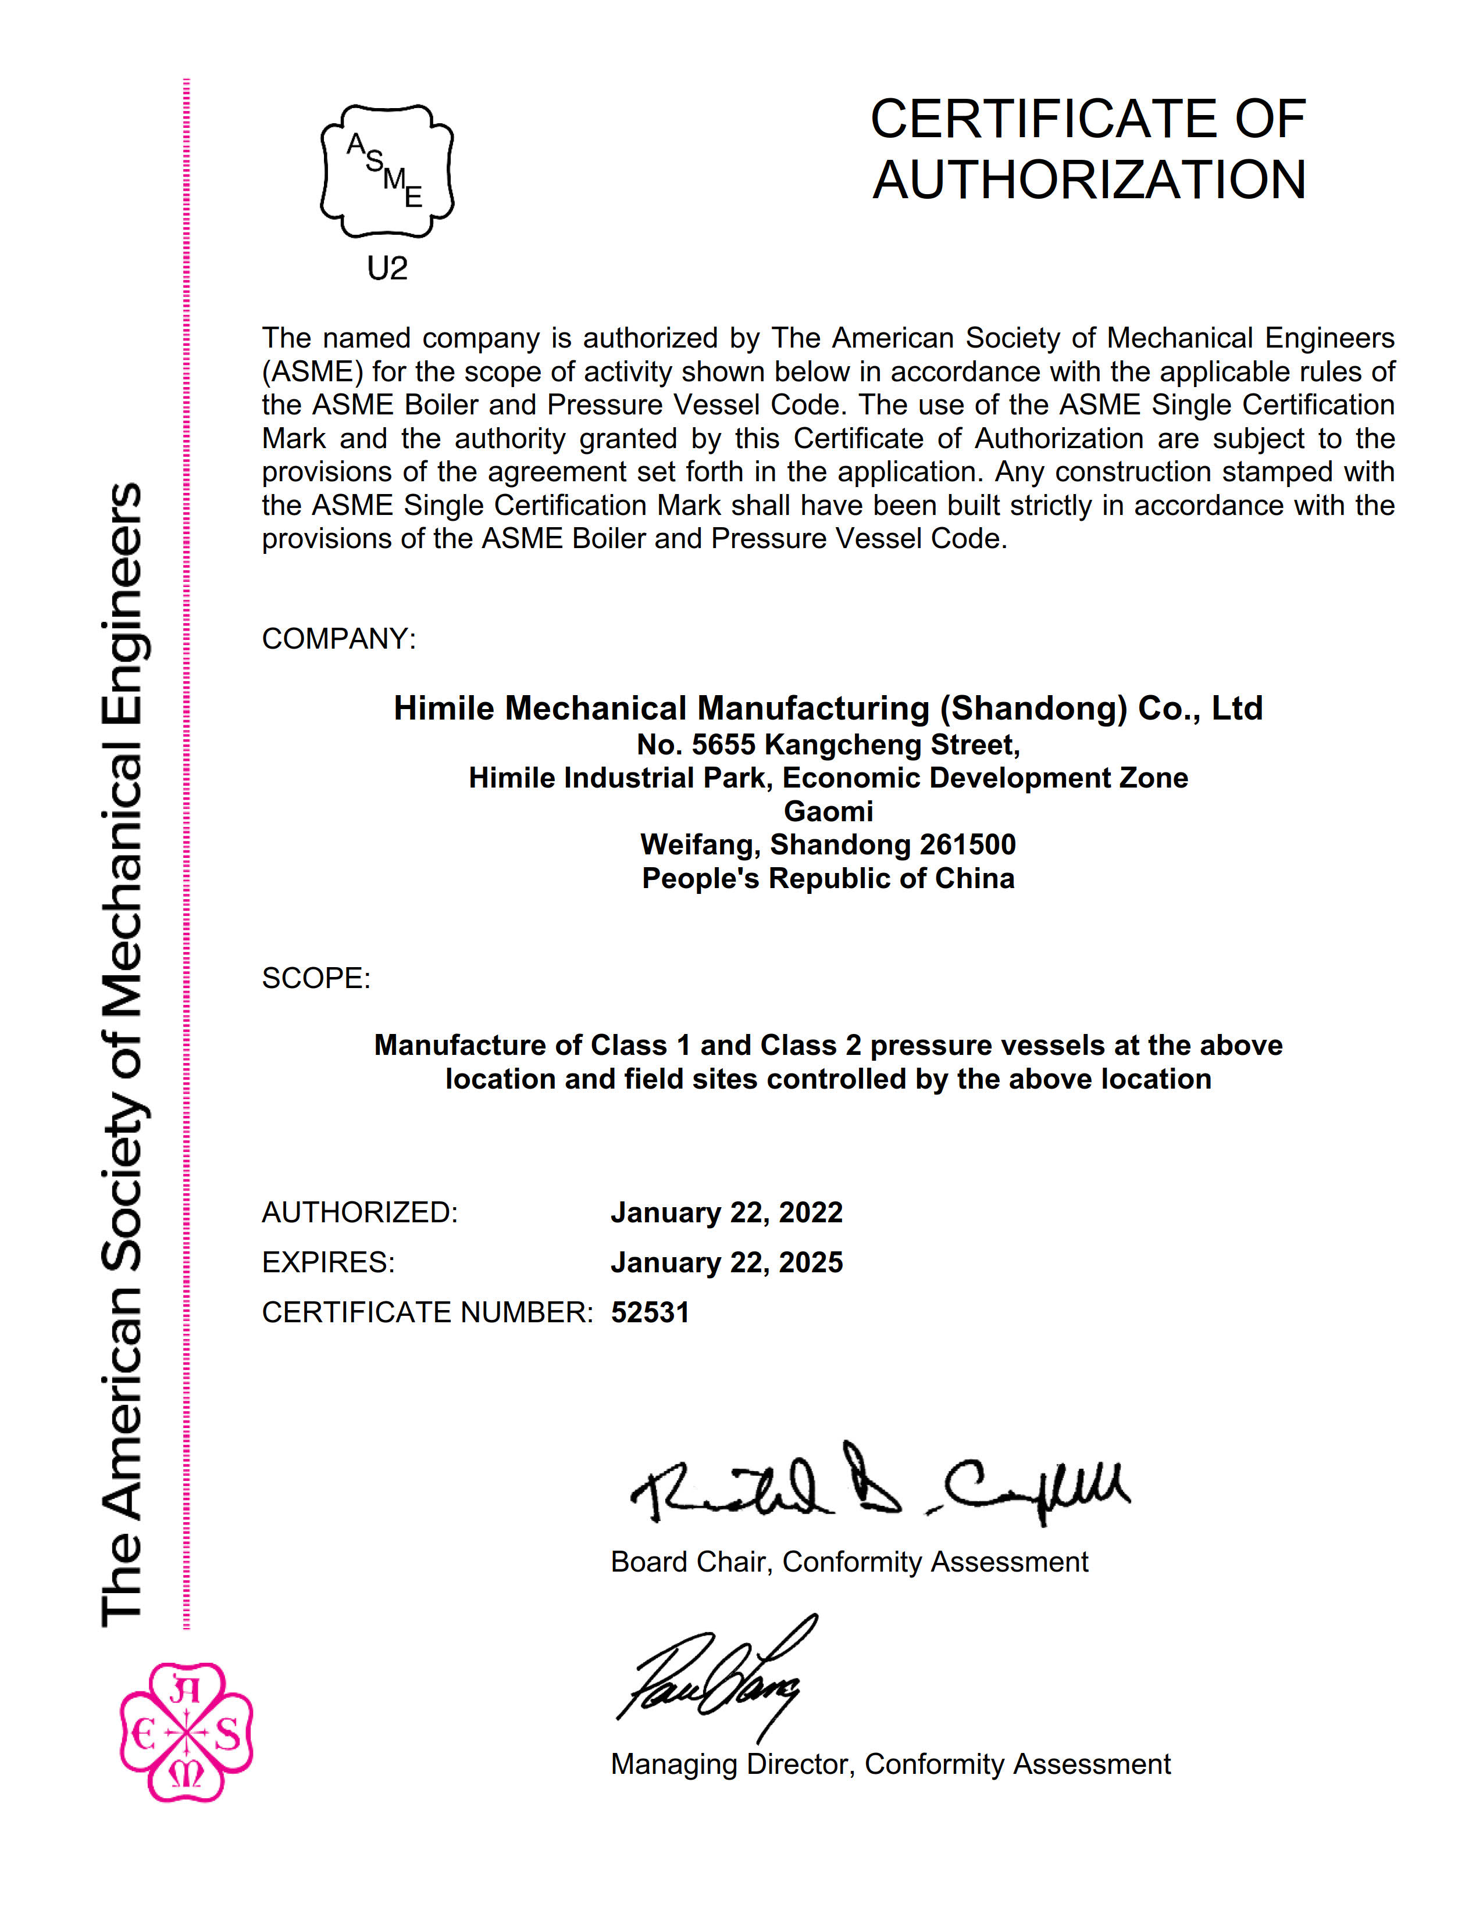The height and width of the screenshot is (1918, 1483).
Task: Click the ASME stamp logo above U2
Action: pos(387,171)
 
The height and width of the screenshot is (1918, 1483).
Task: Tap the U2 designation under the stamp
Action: pos(387,269)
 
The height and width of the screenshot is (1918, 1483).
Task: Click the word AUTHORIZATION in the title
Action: pos(1089,180)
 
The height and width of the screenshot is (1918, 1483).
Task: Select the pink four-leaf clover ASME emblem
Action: pos(186,1731)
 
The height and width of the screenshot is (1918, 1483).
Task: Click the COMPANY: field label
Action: pos(338,638)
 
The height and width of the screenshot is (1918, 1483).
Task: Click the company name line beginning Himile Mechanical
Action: pos(828,708)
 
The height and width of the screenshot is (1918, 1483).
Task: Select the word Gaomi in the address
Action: pos(828,811)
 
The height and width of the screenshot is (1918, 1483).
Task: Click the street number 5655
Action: pos(723,745)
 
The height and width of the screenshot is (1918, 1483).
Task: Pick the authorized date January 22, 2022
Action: pos(726,1213)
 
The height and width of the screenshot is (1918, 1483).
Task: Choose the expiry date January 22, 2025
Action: pos(726,1263)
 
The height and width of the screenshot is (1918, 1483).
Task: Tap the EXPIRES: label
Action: pos(327,1263)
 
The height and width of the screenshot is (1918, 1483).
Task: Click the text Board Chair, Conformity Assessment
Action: pos(849,1562)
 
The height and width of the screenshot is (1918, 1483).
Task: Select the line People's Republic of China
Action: pos(828,878)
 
